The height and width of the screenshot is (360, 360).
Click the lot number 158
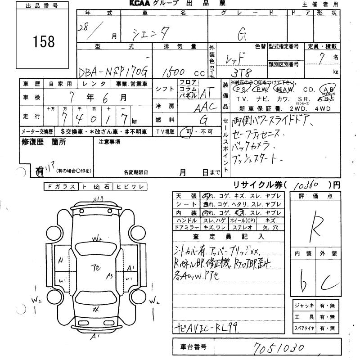pyautogui.click(x=44, y=41)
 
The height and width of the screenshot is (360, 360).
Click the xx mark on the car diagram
pyautogui.click(x=95, y=310)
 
